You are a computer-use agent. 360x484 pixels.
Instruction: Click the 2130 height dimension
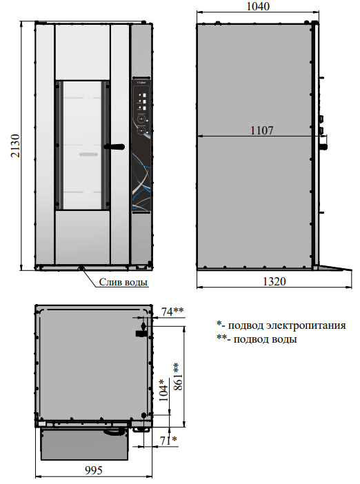tap(14, 145)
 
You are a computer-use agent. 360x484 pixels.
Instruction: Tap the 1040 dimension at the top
tap(258, 6)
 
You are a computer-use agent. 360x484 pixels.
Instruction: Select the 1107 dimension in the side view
tap(261, 130)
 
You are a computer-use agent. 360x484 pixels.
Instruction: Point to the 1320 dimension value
tap(274, 281)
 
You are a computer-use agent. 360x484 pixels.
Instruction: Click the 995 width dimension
tap(94, 470)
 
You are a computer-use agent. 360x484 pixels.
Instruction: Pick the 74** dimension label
tap(172, 312)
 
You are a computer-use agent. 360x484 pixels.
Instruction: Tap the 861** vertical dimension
tap(178, 376)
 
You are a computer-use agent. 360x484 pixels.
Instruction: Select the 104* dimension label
tap(163, 390)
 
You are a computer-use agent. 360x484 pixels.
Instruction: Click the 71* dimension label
tap(168, 441)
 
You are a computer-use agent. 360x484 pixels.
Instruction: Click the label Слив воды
tap(123, 282)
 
